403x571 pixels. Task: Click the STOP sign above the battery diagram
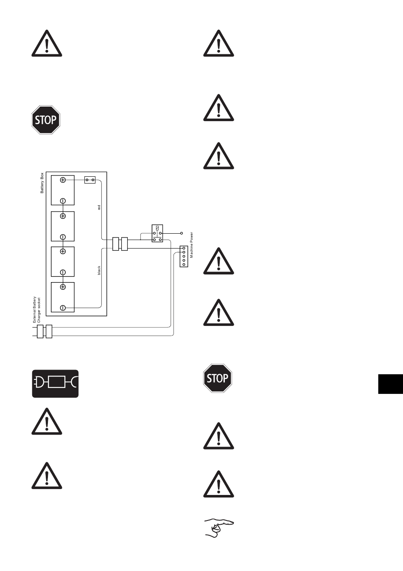click(46, 120)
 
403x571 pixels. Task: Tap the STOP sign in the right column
click(218, 378)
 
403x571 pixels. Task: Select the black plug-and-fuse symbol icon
click(56, 384)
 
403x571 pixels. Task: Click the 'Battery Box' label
click(42, 183)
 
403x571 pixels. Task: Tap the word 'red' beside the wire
click(99, 208)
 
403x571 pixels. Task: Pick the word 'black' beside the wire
click(99, 270)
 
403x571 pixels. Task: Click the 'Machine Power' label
click(191, 245)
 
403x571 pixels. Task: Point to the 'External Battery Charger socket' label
click(36, 310)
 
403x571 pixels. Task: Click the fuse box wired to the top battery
click(90, 180)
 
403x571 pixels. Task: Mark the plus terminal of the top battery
click(63, 180)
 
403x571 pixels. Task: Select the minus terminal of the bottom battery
click(63, 308)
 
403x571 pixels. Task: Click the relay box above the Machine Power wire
click(157, 233)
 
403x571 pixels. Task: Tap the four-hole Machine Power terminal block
click(184, 256)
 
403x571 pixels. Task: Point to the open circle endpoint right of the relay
click(182, 233)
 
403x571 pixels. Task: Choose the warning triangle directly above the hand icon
click(218, 484)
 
